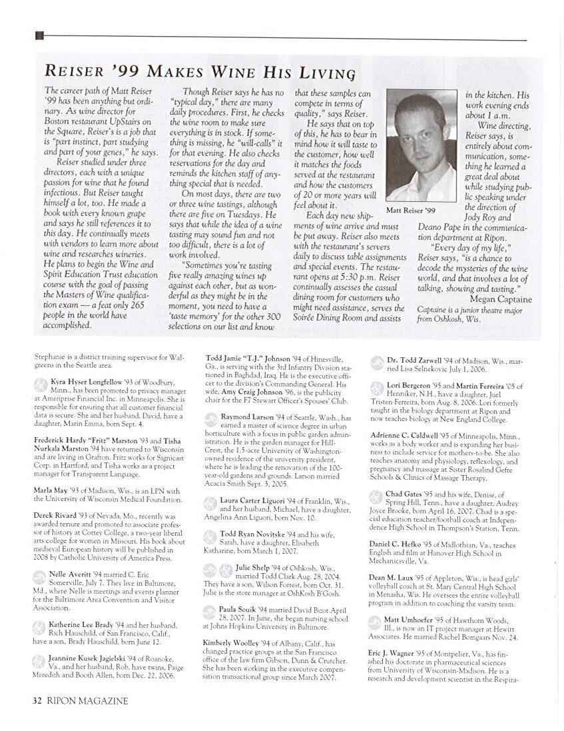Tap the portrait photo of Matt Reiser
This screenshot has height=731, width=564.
pos(422,145)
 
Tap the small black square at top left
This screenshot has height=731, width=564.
pos(39,36)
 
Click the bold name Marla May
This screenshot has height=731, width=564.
pos(51,491)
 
